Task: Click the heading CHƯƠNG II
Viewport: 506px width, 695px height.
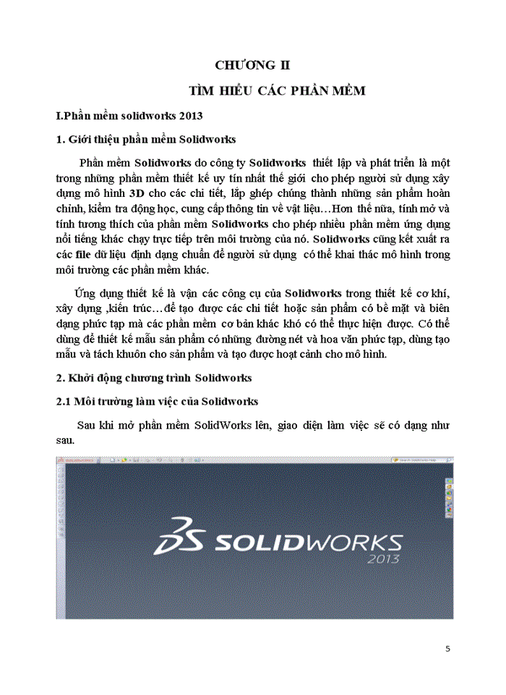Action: pos(253,65)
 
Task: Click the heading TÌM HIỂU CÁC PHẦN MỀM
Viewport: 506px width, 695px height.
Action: pos(277,90)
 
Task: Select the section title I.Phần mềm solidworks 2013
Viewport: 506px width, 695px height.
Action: pos(129,115)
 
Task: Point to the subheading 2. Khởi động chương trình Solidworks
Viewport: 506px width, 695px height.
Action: pos(154,378)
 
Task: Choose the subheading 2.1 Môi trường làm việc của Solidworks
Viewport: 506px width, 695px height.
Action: pos(158,401)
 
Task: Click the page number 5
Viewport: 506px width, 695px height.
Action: pos(448,649)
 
